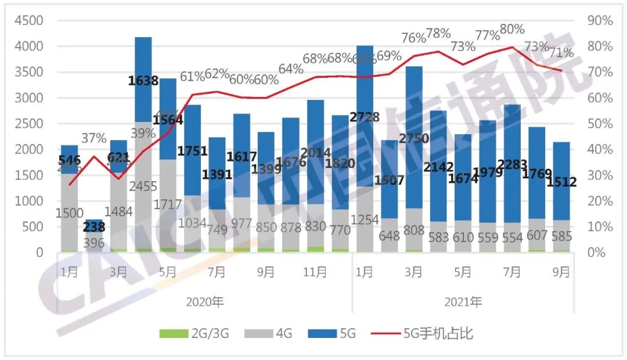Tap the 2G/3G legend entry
pyautogui.click(x=194, y=334)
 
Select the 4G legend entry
pyautogui.click(x=273, y=334)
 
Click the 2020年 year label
pyautogui.click(x=204, y=302)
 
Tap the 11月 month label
pyautogui.click(x=315, y=272)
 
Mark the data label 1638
pyautogui.click(x=143, y=80)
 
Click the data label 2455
pyautogui.click(x=143, y=186)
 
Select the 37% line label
pyautogui.click(x=94, y=138)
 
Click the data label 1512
pyautogui.click(x=561, y=182)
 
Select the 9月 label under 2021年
pyautogui.click(x=561, y=272)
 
